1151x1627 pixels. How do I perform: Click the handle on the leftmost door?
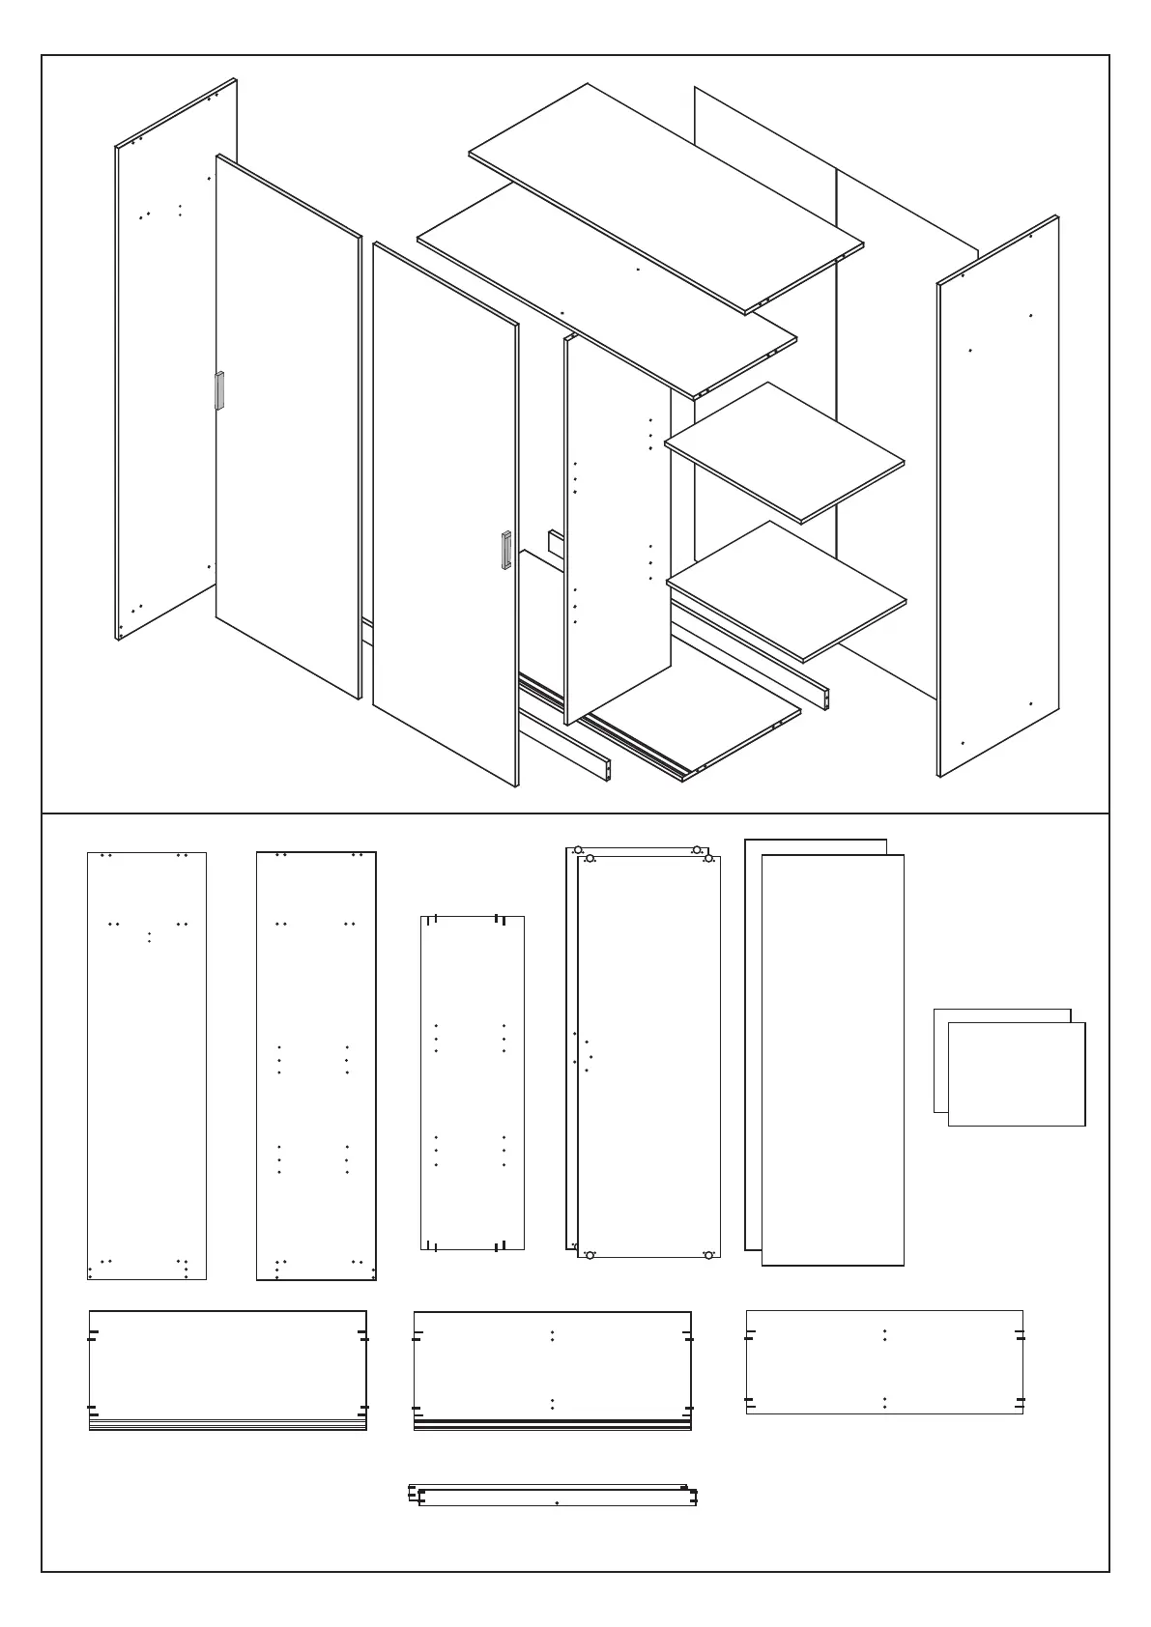coord(219,390)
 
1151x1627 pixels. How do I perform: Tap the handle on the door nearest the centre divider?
coord(504,551)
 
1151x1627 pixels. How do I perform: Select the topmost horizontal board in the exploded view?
coord(667,198)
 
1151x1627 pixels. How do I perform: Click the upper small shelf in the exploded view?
coord(785,451)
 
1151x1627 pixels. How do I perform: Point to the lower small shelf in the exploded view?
coord(787,590)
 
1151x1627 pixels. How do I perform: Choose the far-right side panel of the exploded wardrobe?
coord(997,495)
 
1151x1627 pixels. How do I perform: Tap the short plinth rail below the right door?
coord(564,746)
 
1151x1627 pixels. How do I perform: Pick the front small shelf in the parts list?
coord(1017,1073)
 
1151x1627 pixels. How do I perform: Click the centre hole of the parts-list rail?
coord(558,1502)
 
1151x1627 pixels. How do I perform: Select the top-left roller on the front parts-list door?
coord(590,859)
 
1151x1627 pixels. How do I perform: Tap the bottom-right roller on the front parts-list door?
coord(708,1255)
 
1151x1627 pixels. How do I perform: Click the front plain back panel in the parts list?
coord(833,1059)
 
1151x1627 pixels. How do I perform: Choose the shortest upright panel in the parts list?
coord(473,1082)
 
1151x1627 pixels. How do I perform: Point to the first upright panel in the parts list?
coord(147,1066)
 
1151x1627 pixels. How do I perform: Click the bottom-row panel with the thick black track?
coord(552,1369)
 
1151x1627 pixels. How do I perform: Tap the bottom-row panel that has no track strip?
coord(884,1361)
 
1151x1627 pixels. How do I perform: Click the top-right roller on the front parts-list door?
coord(708,858)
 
